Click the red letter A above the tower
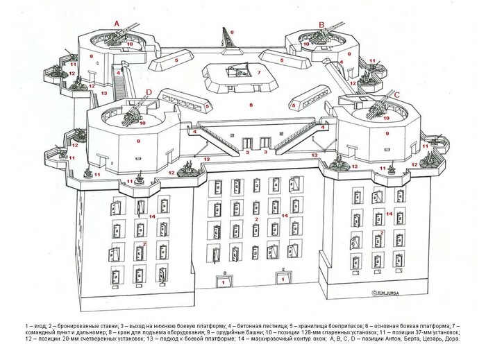tap(117, 23)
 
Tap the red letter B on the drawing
tap(321, 24)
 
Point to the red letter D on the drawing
tap(149, 92)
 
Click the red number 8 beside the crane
tap(233, 32)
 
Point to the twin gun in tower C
tap(378, 105)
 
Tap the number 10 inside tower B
tap(305, 44)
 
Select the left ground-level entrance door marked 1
tap(223, 282)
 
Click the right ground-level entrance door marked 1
tap(284, 279)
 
